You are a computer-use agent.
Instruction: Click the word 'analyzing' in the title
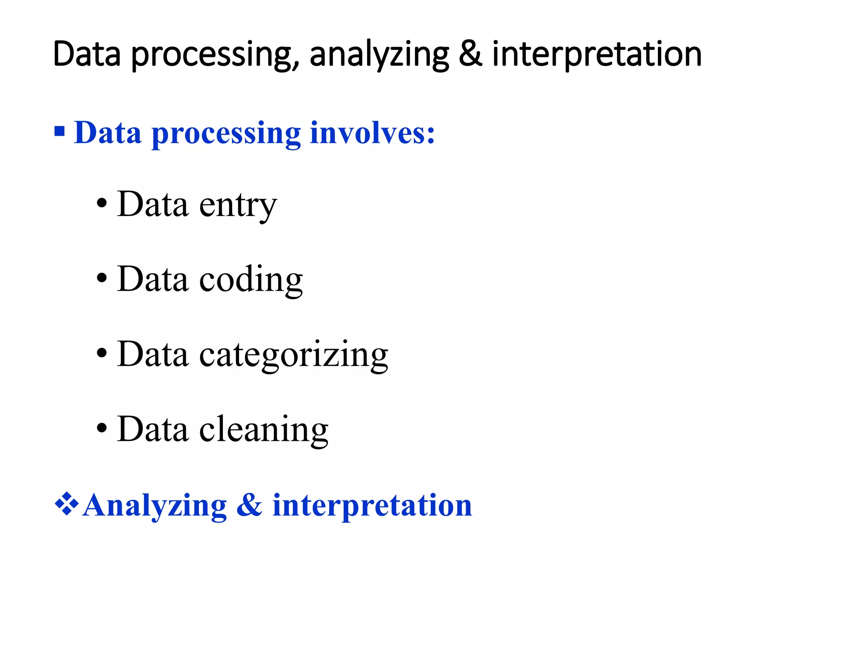pos(379,55)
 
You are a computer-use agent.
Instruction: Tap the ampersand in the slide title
pos(470,54)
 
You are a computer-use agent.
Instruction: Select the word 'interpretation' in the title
pos(597,55)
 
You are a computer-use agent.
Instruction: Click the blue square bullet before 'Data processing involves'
pos(60,131)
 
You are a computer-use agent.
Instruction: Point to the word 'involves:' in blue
pos(372,133)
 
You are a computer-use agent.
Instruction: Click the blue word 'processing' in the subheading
pos(226,134)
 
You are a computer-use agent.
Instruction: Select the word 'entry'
pos(238,206)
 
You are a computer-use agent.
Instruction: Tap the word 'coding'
pos(251,281)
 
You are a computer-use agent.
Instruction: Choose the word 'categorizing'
pos(293,356)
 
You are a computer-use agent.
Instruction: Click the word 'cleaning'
pos(263,430)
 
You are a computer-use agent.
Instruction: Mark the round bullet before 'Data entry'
pos(102,204)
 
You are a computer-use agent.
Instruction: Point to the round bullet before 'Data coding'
pos(102,278)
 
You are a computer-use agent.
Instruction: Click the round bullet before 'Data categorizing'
pos(102,353)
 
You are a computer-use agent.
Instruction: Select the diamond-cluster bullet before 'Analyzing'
pos(67,504)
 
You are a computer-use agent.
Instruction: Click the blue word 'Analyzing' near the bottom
pos(155,505)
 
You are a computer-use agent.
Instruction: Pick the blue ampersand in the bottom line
pos(249,505)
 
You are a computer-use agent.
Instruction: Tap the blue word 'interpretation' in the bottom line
pos(372,505)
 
